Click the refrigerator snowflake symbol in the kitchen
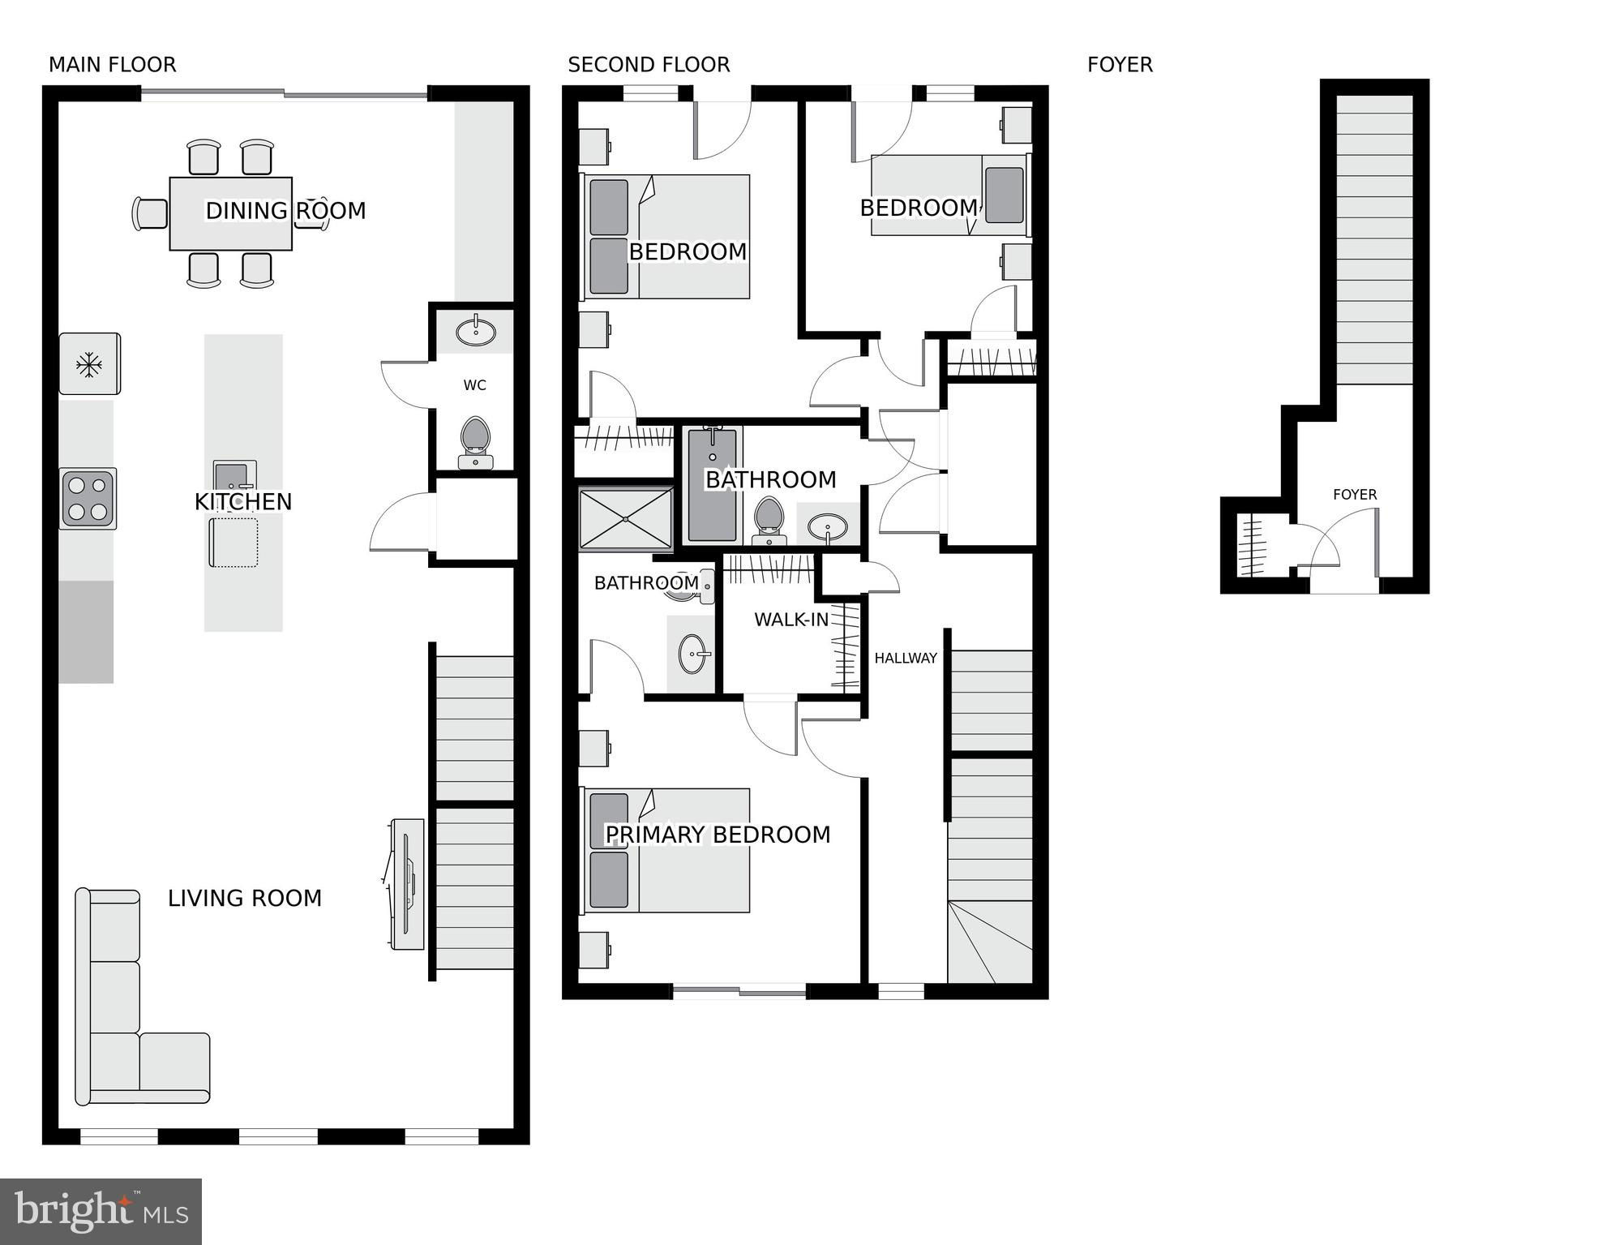click(x=89, y=365)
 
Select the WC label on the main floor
click(x=475, y=385)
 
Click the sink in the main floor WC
click(x=476, y=331)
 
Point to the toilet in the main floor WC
click(x=475, y=443)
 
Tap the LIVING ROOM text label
click(x=245, y=899)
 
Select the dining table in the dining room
click(x=231, y=213)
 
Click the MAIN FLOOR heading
click(x=113, y=65)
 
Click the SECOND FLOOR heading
click(x=649, y=65)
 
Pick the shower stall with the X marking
click(x=626, y=518)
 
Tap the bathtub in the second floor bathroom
click(x=713, y=484)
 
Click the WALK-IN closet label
click(x=791, y=620)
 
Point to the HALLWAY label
click(x=906, y=659)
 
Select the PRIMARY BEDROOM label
click(x=718, y=835)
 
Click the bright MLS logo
click(x=101, y=1212)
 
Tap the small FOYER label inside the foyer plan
click(x=1355, y=495)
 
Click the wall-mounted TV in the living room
click(x=406, y=884)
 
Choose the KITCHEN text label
click(x=243, y=502)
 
